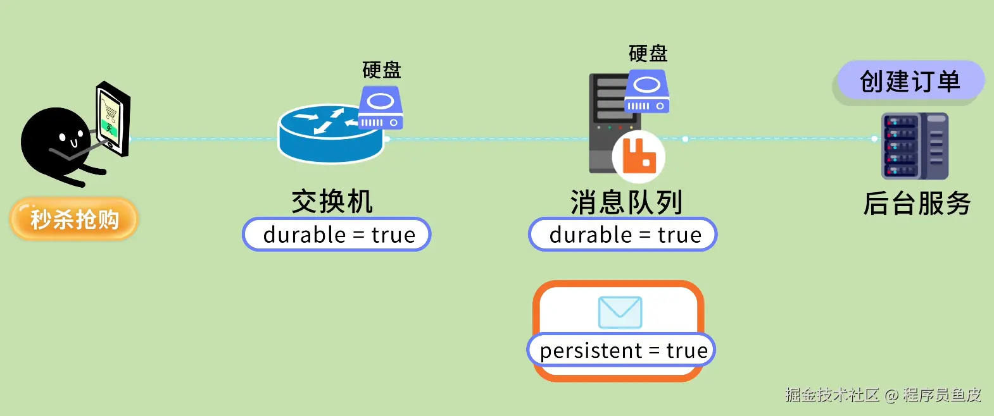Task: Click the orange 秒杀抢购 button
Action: (x=73, y=219)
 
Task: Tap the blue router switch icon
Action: (x=330, y=133)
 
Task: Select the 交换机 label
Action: (x=332, y=202)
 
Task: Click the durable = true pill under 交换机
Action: (x=337, y=235)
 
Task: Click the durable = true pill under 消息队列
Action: (x=622, y=235)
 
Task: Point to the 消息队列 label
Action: (x=626, y=202)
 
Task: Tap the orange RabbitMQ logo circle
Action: (x=639, y=156)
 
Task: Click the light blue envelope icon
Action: (x=620, y=312)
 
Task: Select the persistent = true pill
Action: (x=621, y=350)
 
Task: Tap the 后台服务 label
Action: (x=917, y=204)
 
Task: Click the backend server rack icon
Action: (x=915, y=146)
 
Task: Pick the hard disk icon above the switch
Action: (x=381, y=107)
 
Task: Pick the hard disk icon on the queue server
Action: (x=647, y=91)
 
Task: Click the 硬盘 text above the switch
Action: (x=382, y=70)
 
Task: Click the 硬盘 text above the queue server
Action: (x=648, y=53)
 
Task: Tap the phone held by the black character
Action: (x=113, y=119)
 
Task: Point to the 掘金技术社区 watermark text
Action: (x=832, y=395)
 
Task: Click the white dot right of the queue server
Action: (x=685, y=139)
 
